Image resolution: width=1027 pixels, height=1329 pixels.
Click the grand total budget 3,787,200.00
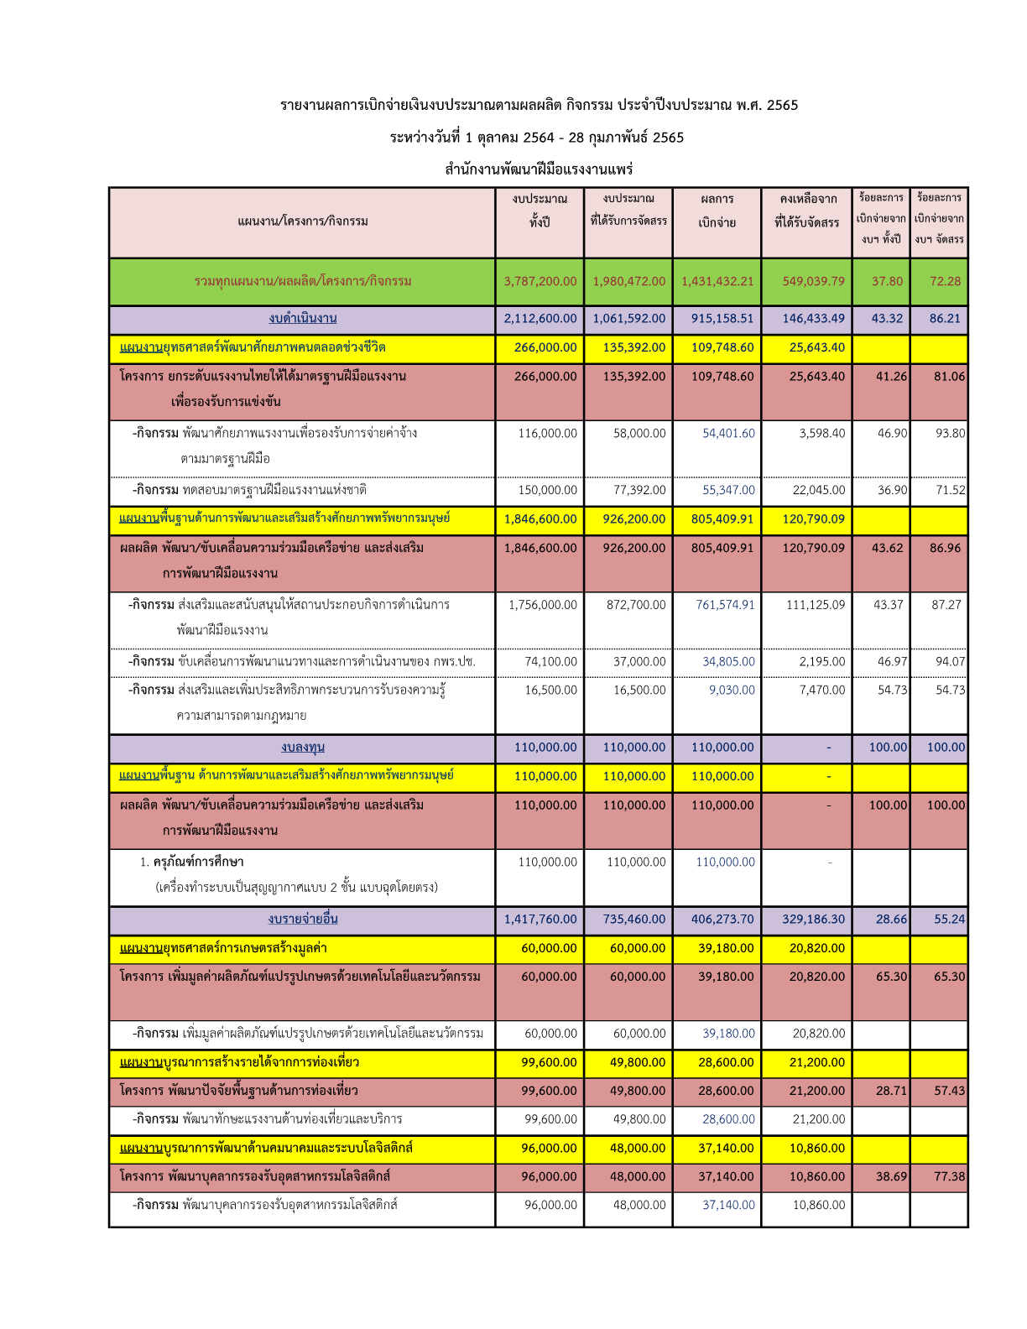pyautogui.click(x=540, y=282)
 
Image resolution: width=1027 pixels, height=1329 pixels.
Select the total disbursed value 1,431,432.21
pyautogui.click(x=717, y=282)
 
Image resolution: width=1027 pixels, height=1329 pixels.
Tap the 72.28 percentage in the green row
pyautogui.click(x=945, y=282)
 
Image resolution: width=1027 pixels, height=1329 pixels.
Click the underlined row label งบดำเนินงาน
pyautogui.click(x=303, y=319)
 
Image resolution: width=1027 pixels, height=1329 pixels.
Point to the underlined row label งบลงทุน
pyautogui.click(x=303, y=748)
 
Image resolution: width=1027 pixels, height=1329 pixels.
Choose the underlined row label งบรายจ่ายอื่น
pyautogui.click(x=303, y=920)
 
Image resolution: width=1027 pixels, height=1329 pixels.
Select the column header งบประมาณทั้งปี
pyautogui.click(x=540, y=211)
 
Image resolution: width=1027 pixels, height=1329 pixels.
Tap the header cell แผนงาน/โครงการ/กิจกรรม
pyautogui.click(x=303, y=221)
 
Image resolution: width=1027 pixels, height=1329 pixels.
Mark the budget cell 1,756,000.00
pyautogui.click(x=543, y=605)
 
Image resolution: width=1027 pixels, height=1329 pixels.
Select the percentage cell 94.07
pyautogui.click(x=950, y=662)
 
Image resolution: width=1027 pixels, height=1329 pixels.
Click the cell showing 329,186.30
pyautogui.click(x=814, y=920)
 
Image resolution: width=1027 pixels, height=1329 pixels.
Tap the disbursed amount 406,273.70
pyautogui.click(x=722, y=920)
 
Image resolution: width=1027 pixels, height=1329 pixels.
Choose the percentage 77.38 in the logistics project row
pyautogui.click(x=949, y=1177)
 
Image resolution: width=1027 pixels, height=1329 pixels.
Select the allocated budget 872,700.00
pyautogui.click(x=636, y=605)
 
